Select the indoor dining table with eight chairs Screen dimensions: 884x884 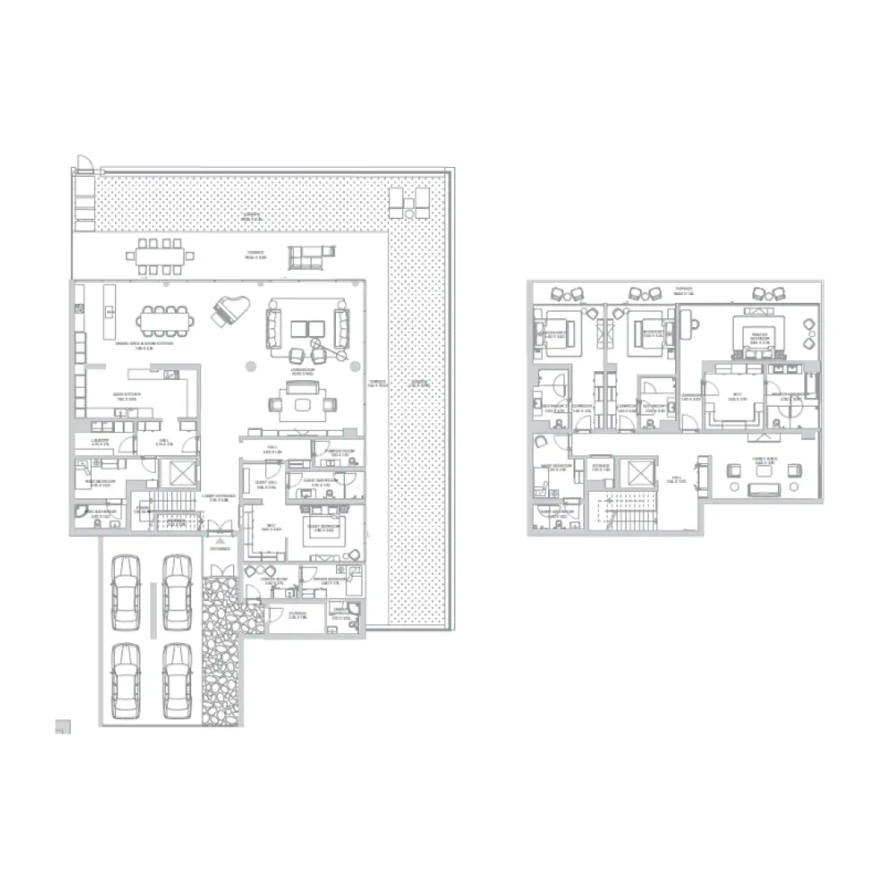165,321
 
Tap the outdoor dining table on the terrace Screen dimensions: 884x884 161,257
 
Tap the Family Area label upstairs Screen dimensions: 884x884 763,461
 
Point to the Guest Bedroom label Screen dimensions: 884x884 323,529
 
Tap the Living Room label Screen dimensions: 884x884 301,373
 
